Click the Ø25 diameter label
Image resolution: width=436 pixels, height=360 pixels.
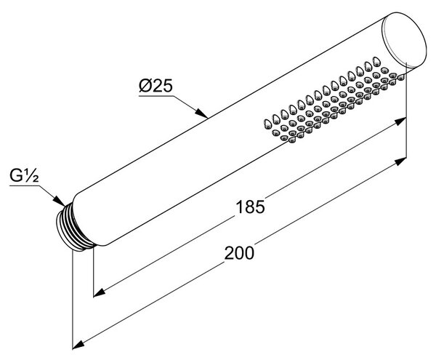click(x=156, y=85)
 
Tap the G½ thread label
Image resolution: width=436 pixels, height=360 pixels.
click(x=24, y=175)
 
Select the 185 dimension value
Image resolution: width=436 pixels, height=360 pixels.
click(x=250, y=207)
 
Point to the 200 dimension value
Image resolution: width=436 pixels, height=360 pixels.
click(x=239, y=253)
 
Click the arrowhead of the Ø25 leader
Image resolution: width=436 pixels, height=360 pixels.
click(x=201, y=113)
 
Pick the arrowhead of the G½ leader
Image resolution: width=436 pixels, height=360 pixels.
click(x=60, y=201)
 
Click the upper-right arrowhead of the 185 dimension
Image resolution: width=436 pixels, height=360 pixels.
click(x=400, y=121)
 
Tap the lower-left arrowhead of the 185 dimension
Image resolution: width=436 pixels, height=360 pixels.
click(x=100, y=292)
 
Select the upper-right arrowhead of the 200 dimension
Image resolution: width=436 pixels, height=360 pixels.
click(x=400, y=161)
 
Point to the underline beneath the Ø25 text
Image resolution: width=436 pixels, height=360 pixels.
click(x=156, y=96)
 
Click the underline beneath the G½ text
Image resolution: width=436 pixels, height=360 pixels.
click(x=25, y=185)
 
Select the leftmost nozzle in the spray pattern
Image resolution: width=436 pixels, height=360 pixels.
click(x=267, y=124)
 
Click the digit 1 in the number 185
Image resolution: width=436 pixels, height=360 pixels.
click(x=239, y=207)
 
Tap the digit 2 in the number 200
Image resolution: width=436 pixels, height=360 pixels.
click(x=229, y=253)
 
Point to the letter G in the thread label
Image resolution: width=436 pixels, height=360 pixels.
click(x=17, y=175)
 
